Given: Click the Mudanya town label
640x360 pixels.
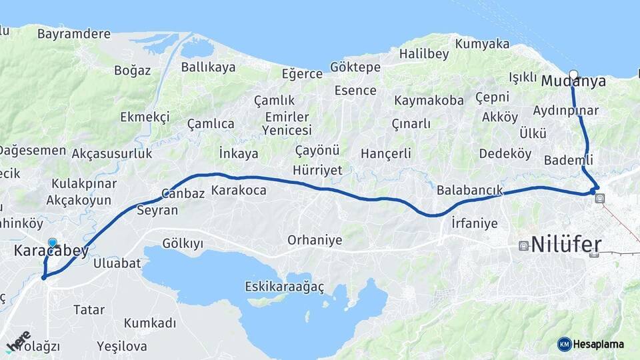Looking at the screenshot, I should [573, 81].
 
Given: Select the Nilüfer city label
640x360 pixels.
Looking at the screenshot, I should [566, 243].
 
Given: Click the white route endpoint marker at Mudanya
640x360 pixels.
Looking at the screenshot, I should [573, 74].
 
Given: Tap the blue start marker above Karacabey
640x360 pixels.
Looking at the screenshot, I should [53, 243].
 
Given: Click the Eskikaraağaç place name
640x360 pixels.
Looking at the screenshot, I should [285, 287].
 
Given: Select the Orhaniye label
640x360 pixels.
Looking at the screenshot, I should [315, 240].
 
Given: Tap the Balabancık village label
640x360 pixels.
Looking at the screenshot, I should [469, 190].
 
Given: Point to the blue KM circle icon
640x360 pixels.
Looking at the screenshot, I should [564, 344].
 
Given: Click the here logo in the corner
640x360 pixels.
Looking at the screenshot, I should [18, 341].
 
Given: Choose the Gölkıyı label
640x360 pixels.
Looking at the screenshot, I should [182, 243].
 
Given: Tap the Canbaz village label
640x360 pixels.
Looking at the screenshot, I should [183, 194].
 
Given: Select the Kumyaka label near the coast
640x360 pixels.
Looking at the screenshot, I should [483, 45].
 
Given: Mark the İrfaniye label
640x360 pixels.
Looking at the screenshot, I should [474, 223].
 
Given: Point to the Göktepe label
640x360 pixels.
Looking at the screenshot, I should [355, 67].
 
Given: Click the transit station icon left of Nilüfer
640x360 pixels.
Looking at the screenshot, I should [523, 245].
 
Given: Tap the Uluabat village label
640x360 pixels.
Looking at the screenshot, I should [117, 263].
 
